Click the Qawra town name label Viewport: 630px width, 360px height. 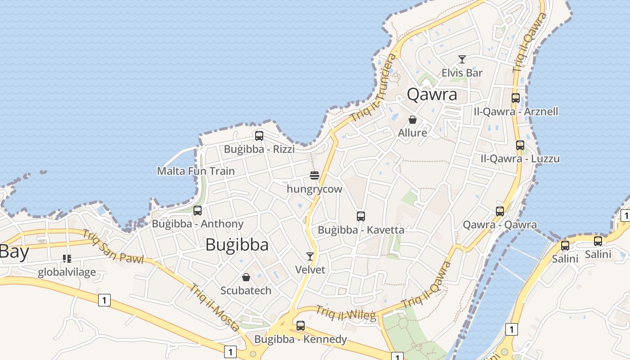click(x=432, y=94)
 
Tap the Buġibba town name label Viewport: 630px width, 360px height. click(x=237, y=245)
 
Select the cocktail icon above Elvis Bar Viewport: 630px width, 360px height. click(x=462, y=59)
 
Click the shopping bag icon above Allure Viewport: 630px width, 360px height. click(x=412, y=120)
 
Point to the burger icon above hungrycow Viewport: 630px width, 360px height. click(x=315, y=175)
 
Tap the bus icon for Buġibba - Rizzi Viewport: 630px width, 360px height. click(x=259, y=136)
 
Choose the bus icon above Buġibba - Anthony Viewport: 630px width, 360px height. click(x=197, y=210)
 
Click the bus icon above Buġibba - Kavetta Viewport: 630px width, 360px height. click(x=360, y=216)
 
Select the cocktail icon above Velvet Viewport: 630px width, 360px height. click(x=310, y=256)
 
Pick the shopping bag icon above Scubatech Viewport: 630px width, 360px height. click(x=246, y=277)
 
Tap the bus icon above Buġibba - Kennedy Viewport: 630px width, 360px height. click(x=300, y=325)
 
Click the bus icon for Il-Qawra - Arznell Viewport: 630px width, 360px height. click(x=516, y=98)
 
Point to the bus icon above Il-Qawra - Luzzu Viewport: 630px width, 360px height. click(x=520, y=145)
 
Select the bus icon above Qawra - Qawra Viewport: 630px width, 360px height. click(x=499, y=211)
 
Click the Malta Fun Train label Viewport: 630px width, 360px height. click(x=196, y=171)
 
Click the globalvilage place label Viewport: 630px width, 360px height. click(x=67, y=272)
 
